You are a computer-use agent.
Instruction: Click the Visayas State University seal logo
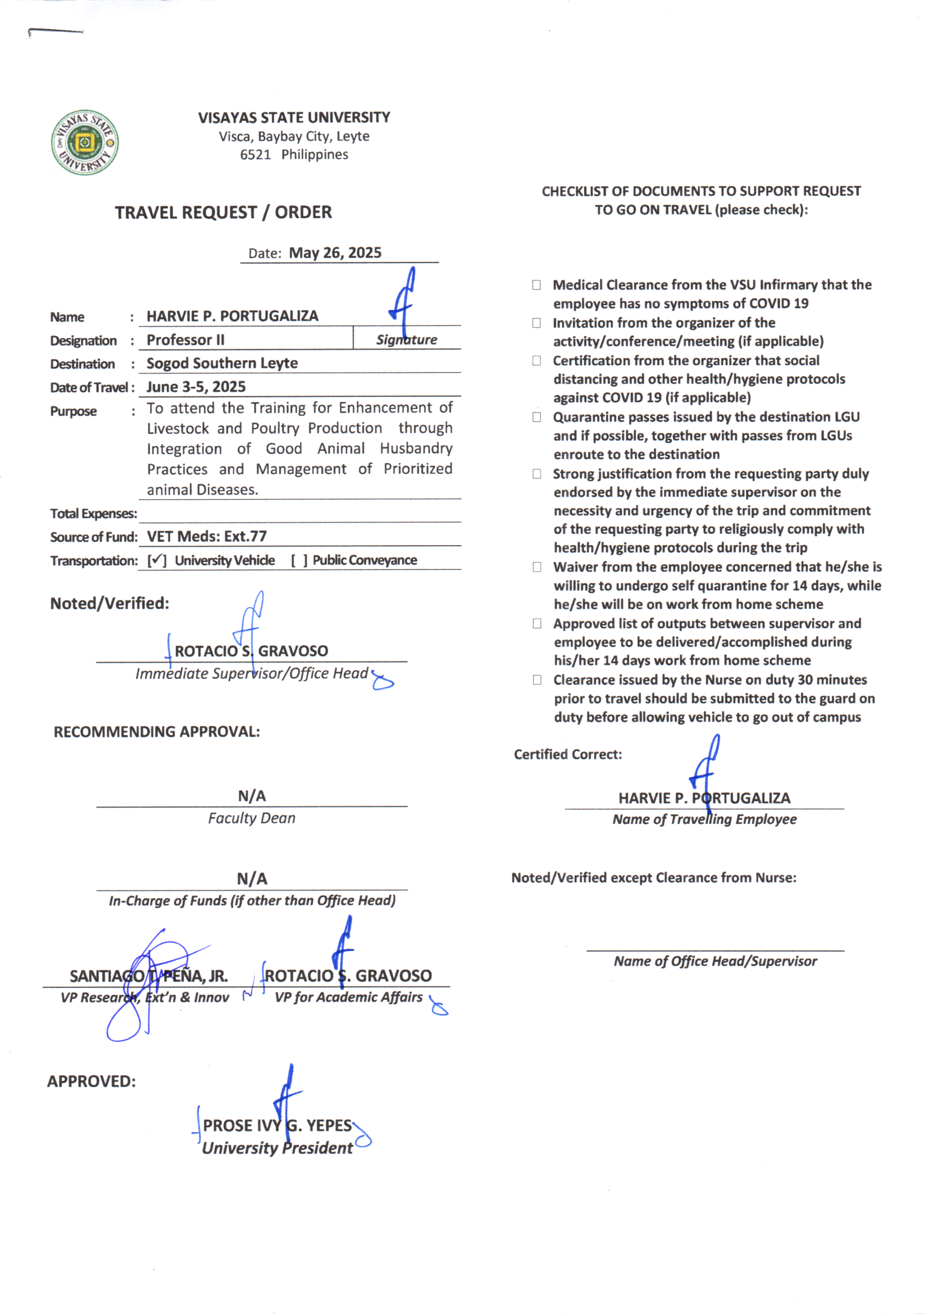pyautogui.click(x=85, y=143)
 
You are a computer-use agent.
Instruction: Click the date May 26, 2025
pyautogui.click(x=335, y=253)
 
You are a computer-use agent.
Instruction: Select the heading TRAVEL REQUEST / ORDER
pyautogui.click(x=223, y=212)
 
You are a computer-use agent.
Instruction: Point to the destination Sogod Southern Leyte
pyautogui.click(x=222, y=364)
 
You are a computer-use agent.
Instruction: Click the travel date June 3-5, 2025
pyautogui.click(x=196, y=387)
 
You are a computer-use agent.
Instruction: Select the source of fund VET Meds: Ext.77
pyautogui.click(x=207, y=536)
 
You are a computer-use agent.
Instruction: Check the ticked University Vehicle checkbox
pyautogui.click(x=157, y=560)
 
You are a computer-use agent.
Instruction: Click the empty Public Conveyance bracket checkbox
pyautogui.click(x=299, y=560)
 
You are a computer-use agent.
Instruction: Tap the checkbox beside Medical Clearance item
pyautogui.click(x=536, y=285)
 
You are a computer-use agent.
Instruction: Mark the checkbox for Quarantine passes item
pyautogui.click(x=536, y=417)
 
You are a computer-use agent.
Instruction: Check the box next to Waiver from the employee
pyautogui.click(x=536, y=567)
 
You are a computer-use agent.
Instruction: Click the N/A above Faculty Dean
pyautogui.click(x=252, y=795)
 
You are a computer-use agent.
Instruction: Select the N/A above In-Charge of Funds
pyautogui.click(x=252, y=878)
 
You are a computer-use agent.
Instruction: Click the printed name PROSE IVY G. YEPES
pyautogui.click(x=277, y=1125)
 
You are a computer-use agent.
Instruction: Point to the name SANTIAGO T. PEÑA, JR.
pyautogui.click(x=149, y=976)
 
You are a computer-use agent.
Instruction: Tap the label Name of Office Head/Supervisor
pyautogui.click(x=715, y=962)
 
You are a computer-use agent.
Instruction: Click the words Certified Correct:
pyautogui.click(x=567, y=754)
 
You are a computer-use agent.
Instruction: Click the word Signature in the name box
pyautogui.click(x=406, y=340)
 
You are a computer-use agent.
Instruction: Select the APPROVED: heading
pyautogui.click(x=92, y=1081)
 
